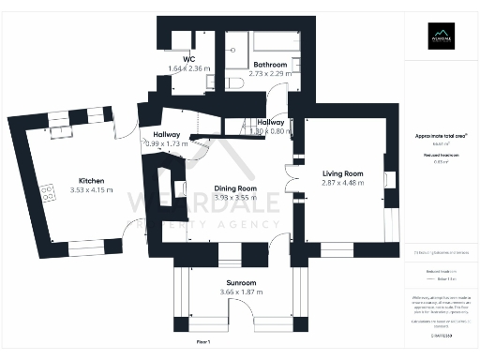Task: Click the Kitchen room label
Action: [91, 180]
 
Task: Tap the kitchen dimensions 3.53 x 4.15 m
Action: [91, 189]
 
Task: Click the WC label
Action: [188, 58]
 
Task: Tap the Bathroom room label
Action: [259, 64]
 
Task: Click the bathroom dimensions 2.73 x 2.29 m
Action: [259, 73]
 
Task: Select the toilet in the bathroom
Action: [235, 83]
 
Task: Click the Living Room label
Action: [342, 173]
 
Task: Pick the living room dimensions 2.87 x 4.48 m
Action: [342, 184]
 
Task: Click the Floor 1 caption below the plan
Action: [203, 345]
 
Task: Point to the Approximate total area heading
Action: [441, 136]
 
